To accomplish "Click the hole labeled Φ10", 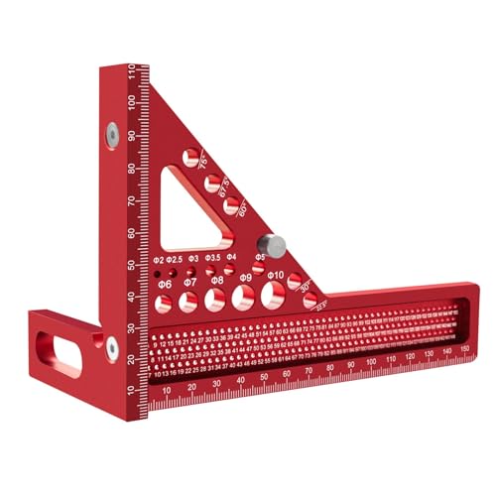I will pos(271,295).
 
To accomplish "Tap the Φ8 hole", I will pos(214,300).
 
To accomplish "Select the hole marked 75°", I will pos(191,156).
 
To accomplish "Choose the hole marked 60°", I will pos(231,205).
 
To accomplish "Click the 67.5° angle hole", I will pos(211,181).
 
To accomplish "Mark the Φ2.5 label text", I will pos(175,258).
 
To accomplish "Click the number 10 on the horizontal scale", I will pos(164,392).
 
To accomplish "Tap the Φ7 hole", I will pos(188,302).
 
